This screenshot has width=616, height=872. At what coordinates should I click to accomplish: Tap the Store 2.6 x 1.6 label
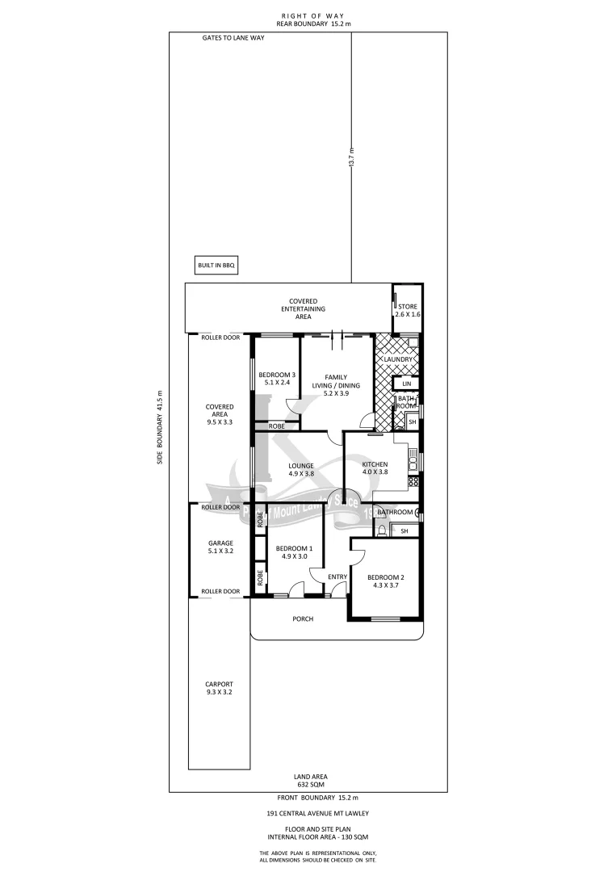pos(408,311)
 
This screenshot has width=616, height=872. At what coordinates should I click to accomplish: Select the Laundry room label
pos(404,359)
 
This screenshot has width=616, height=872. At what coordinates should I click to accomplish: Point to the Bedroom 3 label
pos(277,379)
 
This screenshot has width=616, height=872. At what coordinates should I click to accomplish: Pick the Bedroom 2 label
pos(383,582)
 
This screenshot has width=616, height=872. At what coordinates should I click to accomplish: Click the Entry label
pos(337,576)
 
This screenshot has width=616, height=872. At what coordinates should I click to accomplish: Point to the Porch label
pos(303,619)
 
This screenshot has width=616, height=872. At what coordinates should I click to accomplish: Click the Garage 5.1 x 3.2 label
pos(220,547)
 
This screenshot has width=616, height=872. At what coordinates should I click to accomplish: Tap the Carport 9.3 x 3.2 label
pos(220,688)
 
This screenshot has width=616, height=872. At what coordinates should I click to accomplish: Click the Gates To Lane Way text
pos(233,38)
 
